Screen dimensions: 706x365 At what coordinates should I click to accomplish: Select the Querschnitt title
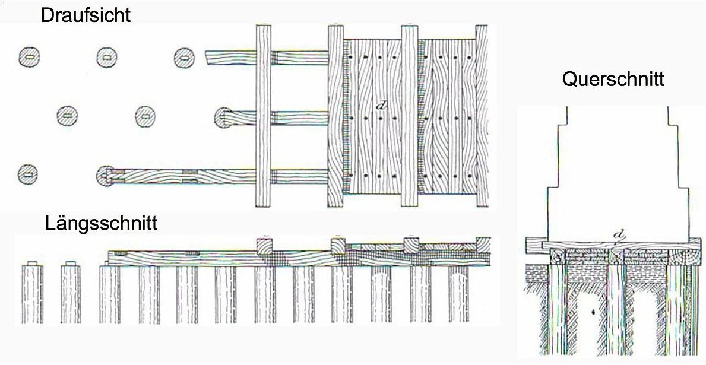coord(613,79)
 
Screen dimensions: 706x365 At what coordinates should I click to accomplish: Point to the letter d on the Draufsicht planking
coord(382,106)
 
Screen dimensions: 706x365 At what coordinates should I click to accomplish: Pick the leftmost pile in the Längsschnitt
coord(33,294)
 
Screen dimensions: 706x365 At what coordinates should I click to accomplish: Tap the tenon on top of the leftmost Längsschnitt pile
coord(33,262)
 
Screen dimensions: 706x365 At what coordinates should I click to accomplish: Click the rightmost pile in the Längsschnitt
coord(458,294)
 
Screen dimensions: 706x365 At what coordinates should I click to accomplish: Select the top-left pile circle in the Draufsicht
coord(29,57)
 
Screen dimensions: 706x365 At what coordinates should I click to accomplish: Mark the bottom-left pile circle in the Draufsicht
coord(28,174)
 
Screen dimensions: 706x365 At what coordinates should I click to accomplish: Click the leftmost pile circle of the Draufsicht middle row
coord(68,115)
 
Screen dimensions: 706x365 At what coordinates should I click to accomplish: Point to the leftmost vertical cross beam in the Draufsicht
coord(263,116)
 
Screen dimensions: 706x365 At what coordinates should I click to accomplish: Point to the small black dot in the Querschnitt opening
coord(591,311)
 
